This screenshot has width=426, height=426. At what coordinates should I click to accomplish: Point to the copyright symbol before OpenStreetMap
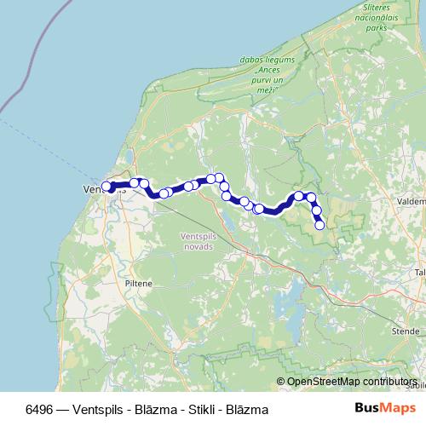tap(281, 383)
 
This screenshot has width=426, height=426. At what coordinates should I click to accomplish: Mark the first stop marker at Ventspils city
tap(106, 187)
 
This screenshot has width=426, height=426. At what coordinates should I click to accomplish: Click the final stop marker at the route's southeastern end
tap(320, 225)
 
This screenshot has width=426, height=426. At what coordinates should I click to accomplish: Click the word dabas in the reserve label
tap(253, 61)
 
